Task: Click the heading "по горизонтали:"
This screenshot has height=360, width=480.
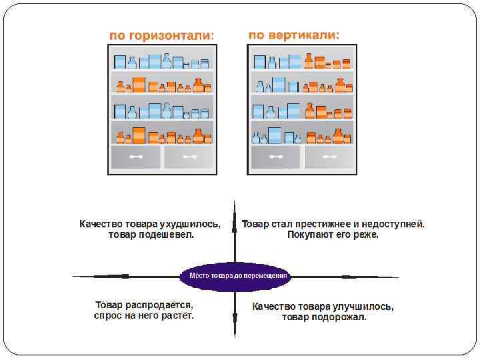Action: pos(162,35)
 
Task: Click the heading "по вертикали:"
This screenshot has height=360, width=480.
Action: pos(293,34)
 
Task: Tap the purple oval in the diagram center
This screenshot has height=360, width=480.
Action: pos(237,275)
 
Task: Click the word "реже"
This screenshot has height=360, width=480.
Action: pos(367,235)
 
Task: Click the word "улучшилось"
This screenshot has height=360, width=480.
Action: pos(363,307)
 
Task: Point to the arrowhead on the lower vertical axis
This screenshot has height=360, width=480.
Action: pos(235,319)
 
